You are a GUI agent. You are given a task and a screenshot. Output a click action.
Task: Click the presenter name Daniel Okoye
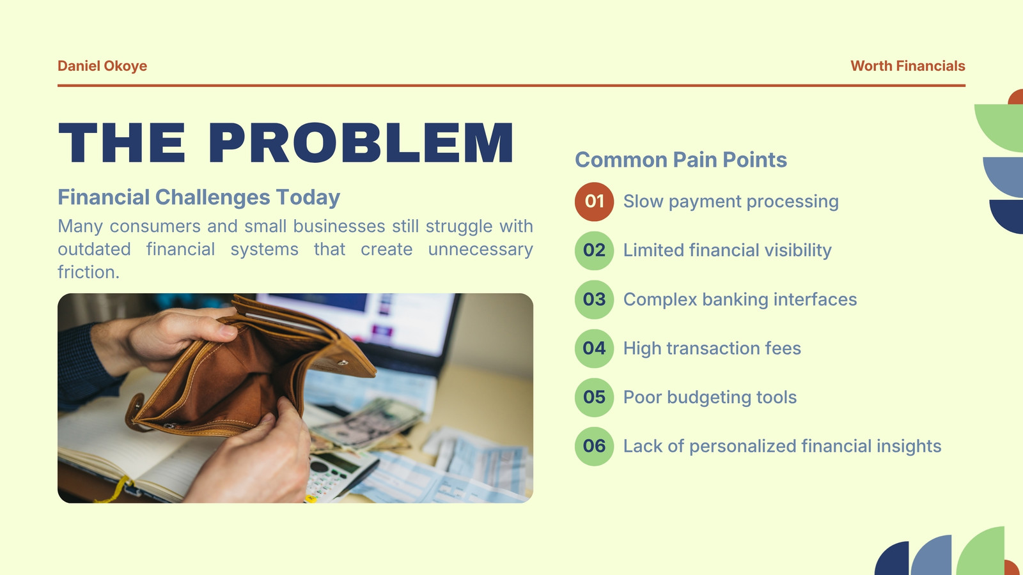(102, 66)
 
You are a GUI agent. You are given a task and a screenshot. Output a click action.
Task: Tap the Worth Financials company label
(907, 66)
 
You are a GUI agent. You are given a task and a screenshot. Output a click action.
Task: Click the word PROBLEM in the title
(361, 142)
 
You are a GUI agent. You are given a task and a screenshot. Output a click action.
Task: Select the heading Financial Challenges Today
(199, 197)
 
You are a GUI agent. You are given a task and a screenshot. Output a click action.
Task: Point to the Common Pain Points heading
(680, 160)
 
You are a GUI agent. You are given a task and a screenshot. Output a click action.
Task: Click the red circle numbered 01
(594, 202)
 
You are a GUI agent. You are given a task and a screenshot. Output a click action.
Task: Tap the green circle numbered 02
(594, 250)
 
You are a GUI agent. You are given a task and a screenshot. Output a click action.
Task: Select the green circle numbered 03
(594, 300)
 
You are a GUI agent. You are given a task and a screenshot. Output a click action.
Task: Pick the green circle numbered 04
(594, 348)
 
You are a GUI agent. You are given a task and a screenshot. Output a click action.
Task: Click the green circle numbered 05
(594, 397)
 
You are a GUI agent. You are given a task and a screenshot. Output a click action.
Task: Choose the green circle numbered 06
(594, 446)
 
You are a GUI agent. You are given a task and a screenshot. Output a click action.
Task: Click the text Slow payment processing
(731, 202)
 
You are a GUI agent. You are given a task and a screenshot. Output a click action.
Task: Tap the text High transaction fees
(712, 348)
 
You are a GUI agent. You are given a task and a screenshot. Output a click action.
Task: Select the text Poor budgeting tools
(710, 397)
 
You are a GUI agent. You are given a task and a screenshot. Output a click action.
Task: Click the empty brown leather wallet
(247, 370)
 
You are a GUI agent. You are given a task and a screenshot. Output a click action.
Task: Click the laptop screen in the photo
(365, 319)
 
